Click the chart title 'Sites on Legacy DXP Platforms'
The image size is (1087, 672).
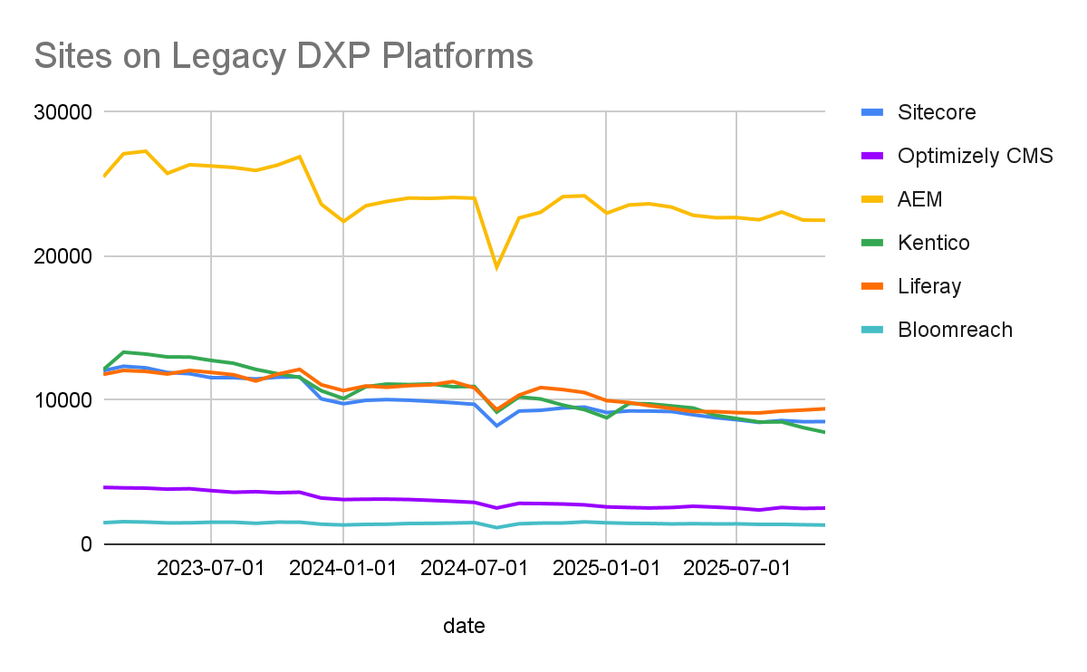pyautogui.click(x=284, y=56)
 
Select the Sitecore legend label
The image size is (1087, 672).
pyautogui.click(x=937, y=112)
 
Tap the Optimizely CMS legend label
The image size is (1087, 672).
pyautogui.click(x=975, y=156)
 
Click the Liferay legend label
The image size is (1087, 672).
pyautogui.click(x=929, y=286)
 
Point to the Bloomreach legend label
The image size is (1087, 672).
pyautogui.click(x=955, y=330)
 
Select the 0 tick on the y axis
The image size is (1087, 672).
pyautogui.click(x=86, y=544)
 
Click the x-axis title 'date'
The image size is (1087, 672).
pyautogui.click(x=464, y=626)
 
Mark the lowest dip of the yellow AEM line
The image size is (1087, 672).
pyautogui.click(x=496, y=267)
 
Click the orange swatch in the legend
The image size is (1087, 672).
pyautogui.click(x=872, y=286)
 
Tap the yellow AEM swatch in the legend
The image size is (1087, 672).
pyautogui.click(x=872, y=199)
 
